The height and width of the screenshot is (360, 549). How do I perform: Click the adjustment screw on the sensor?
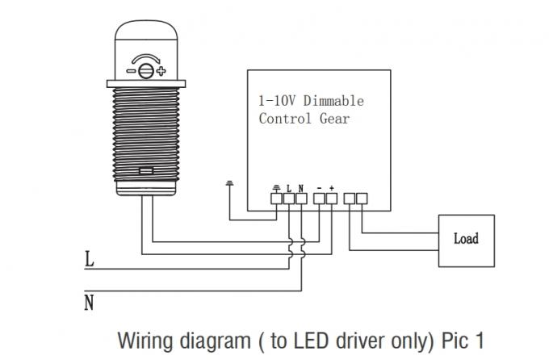(146, 71)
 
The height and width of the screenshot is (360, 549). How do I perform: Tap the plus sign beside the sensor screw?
(161, 71)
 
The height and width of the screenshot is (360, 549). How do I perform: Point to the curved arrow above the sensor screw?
(146, 57)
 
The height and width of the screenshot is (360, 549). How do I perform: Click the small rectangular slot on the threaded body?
(146, 170)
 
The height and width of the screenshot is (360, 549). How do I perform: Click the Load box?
(467, 239)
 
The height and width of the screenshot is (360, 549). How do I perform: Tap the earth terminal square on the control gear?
(276, 197)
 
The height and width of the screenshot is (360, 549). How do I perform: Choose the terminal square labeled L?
(288, 197)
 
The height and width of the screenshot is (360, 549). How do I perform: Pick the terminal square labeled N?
(300, 197)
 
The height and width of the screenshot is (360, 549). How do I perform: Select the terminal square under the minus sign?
(319, 197)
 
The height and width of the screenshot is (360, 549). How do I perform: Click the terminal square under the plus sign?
(331, 197)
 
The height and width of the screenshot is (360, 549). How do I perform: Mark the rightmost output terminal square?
(363, 197)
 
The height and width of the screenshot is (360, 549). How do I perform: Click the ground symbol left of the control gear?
(230, 183)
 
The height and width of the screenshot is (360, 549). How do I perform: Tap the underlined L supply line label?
(89, 261)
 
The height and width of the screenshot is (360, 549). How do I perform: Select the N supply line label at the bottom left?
(89, 303)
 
